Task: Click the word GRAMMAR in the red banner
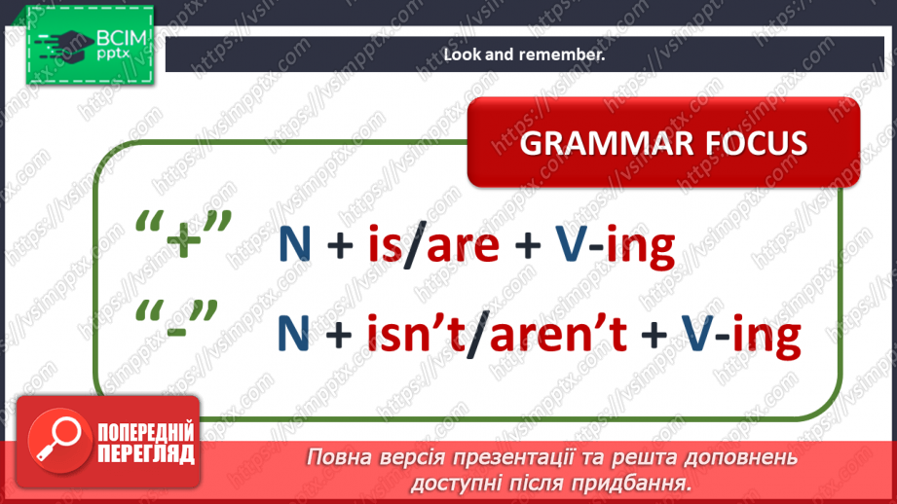[606, 143]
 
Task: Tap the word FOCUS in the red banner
[757, 143]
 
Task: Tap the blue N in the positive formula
[294, 244]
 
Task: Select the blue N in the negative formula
[293, 333]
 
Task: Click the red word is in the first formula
[384, 242]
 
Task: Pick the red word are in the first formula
[463, 246]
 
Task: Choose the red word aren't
[558, 332]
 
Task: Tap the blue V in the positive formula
[571, 244]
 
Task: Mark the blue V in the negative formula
[696, 333]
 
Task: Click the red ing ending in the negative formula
[766, 339]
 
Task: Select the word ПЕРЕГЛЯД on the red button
[146, 454]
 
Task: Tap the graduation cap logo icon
[64, 45]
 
